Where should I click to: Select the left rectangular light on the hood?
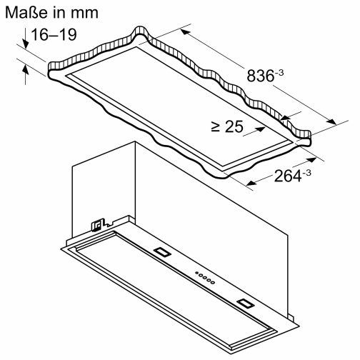[161, 251]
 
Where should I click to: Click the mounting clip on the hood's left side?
[94, 225]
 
